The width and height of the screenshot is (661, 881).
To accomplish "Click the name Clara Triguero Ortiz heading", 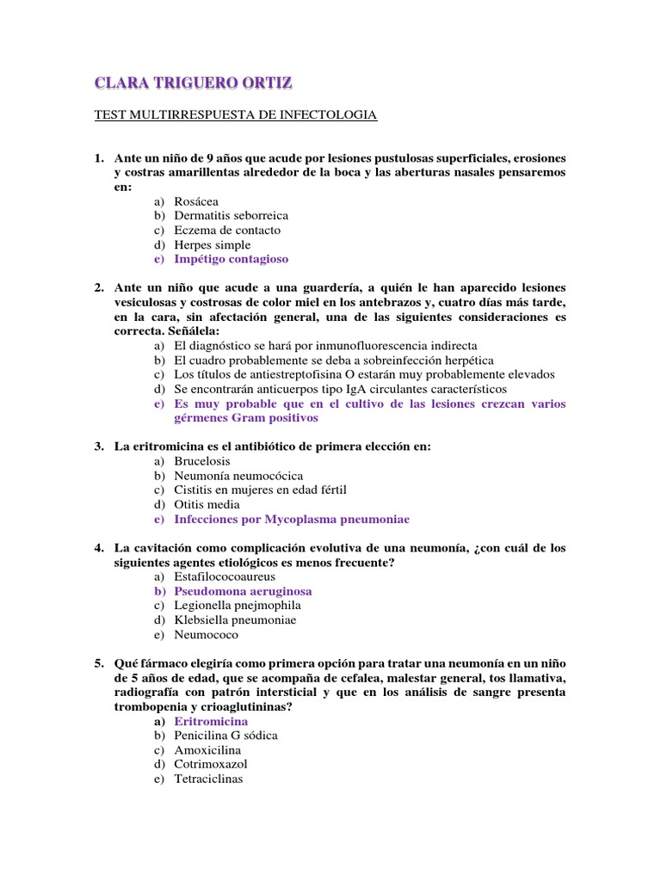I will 193,83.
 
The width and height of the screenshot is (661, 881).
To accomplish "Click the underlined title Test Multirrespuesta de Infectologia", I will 235,114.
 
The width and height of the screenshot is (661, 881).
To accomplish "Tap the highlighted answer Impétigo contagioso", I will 231,259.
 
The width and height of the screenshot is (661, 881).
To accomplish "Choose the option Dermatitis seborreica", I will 231,215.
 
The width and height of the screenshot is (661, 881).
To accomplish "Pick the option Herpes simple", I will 212,244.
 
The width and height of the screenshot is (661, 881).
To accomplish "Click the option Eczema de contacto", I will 226,230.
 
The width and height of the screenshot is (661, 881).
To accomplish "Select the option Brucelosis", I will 203,461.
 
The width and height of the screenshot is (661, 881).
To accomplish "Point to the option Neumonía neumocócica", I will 238,476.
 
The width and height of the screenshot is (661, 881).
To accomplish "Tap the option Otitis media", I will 207,505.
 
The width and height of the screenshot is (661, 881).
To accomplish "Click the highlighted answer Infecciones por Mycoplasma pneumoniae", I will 292,520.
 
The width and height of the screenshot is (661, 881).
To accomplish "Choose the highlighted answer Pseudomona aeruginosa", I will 243,592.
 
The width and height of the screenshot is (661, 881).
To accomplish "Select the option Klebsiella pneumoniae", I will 234,620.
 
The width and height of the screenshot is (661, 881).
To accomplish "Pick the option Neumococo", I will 206,635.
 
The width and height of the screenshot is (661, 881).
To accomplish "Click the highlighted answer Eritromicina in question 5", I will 211,722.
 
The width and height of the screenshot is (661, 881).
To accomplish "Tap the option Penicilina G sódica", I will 225,736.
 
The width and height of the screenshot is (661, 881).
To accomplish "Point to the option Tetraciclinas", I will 208,779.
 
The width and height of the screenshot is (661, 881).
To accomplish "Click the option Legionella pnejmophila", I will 237,606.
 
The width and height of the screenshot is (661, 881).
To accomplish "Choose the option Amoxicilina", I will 208,750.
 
